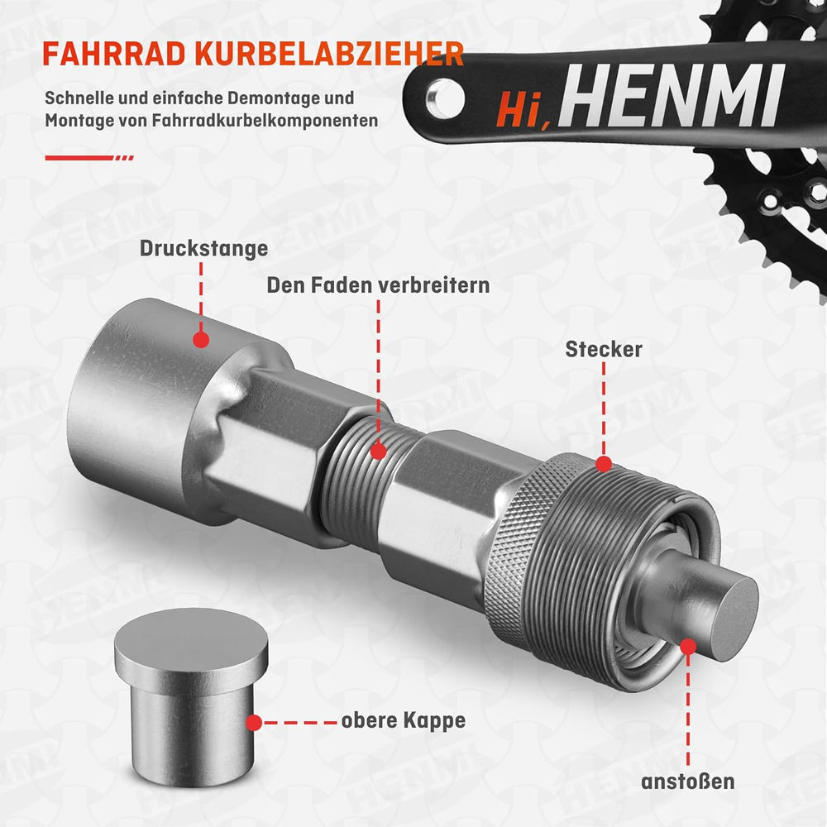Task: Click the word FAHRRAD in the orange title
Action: point(114,54)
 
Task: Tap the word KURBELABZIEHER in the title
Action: point(330,54)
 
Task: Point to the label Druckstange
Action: point(203,248)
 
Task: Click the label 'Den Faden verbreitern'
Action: point(378,285)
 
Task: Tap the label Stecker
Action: point(604,349)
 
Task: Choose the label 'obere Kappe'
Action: point(404,720)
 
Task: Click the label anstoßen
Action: point(688,782)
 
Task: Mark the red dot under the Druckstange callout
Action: point(201,340)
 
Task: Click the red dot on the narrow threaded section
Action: point(378,452)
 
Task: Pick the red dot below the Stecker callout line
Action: point(604,464)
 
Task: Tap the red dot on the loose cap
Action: point(254,723)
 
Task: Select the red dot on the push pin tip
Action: point(688,647)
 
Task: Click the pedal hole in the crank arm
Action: point(445,98)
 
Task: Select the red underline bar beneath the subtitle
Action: point(89,157)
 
